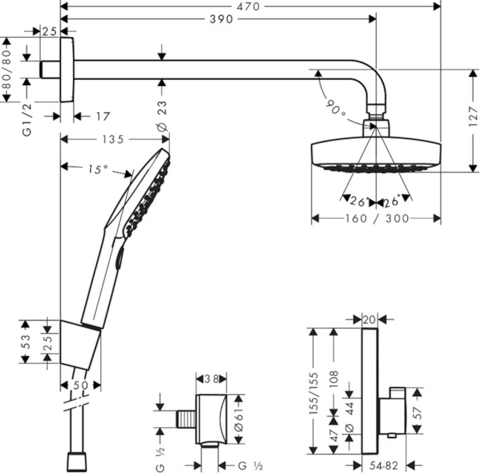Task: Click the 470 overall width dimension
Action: (248, 7)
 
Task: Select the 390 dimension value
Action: (221, 19)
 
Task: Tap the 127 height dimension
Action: (473, 116)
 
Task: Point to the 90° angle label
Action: (335, 107)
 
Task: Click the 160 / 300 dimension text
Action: (377, 218)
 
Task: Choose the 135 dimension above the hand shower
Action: (113, 140)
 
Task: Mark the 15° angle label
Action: (98, 169)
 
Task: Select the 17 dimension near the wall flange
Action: (103, 116)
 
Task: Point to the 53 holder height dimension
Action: (25, 342)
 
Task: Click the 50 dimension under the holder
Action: (80, 385)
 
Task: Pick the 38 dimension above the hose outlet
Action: (212, 379)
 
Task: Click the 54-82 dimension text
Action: (383, 466)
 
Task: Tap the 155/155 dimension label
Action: (314, 393)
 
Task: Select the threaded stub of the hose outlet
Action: (187, 419)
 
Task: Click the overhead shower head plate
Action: (376, 155)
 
